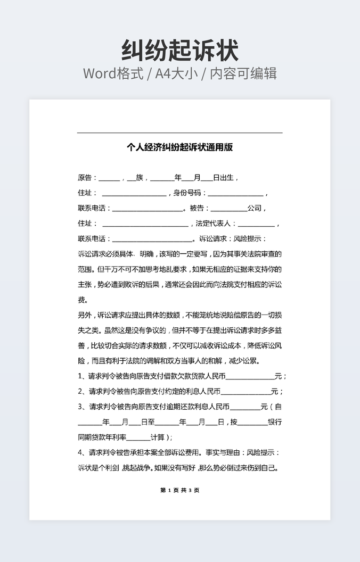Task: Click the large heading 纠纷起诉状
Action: [180, 51]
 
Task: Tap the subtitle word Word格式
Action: [113, 73]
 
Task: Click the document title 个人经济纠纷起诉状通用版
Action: [180, 147]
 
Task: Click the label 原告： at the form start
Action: [88, 178]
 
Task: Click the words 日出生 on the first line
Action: [223, 178]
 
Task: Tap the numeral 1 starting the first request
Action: [80, 376]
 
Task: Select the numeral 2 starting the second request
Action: [80, 392]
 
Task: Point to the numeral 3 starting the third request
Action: [80, 407]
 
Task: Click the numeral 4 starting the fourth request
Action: [80, 453]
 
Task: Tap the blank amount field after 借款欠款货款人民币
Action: [250, 377]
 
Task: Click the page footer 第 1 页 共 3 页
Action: [180, 490]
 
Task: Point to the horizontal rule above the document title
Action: [180, 133]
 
